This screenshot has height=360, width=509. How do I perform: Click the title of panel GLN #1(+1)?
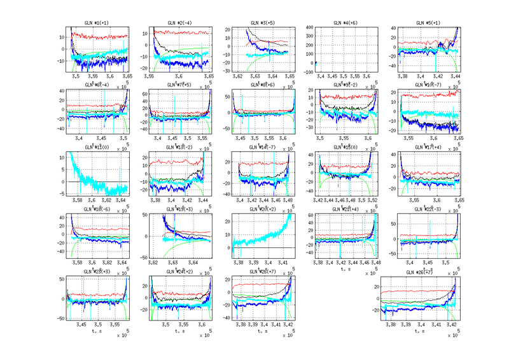coord(98,23)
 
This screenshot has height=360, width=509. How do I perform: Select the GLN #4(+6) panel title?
coord(345,23)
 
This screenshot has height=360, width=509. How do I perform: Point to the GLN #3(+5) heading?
coord(263,23)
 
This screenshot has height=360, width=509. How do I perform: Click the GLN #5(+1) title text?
coord(428,23)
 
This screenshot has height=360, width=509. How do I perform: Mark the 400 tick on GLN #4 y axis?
coord(307,27)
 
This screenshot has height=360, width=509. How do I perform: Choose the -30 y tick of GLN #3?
coord(225,72)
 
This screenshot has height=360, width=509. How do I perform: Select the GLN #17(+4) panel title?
coord(428,147)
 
